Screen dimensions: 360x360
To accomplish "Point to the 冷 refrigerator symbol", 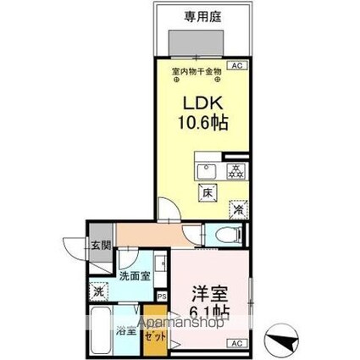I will tap(239, 208).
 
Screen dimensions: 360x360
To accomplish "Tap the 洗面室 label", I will tap(135, 275).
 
